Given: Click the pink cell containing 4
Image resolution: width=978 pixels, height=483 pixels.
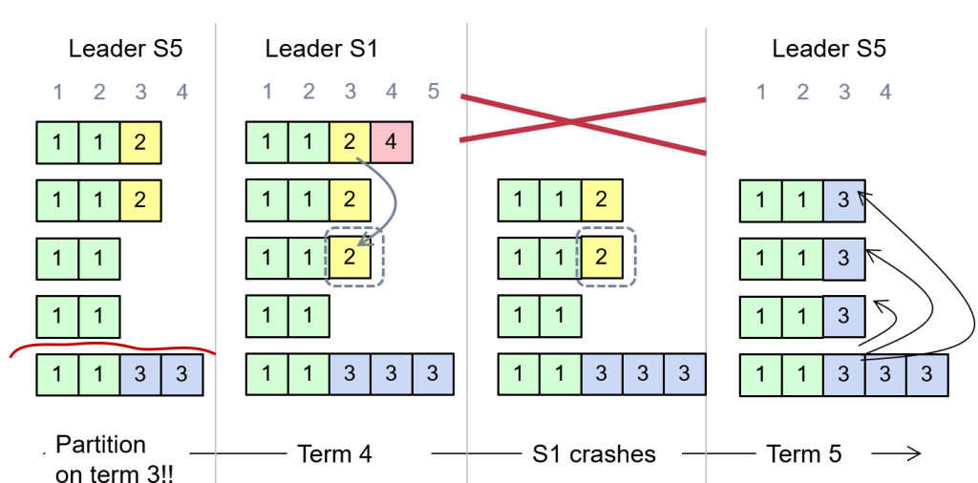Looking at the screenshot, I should tap(392, 142).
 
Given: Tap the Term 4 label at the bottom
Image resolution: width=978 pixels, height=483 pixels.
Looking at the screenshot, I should tap(334, 453).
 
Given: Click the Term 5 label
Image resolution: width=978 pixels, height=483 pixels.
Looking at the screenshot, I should tap(804, 453).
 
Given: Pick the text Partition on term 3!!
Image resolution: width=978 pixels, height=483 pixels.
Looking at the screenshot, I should tap(101, 459).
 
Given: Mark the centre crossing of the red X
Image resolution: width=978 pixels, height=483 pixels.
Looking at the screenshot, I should tap(571, 121).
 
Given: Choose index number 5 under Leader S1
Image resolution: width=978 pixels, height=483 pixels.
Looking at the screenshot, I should tap(434, 92).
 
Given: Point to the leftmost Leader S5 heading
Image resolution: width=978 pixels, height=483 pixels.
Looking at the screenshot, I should tap(125, 48).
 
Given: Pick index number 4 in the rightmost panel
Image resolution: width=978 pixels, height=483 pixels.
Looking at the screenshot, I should tap(885, 92).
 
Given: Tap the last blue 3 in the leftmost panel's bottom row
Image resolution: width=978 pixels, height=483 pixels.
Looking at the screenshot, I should tap(182, 374).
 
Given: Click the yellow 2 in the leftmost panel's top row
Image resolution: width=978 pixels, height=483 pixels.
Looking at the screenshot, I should tap(139, 142).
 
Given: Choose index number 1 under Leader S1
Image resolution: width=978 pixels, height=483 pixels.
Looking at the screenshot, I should tap(266, 92).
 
